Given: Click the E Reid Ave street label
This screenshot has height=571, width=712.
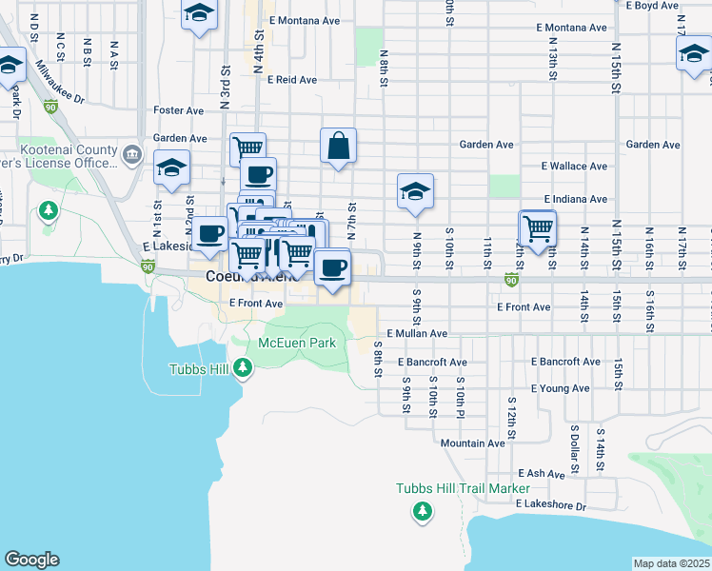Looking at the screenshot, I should point(292,80).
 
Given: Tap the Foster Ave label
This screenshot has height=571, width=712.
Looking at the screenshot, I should point(179,111).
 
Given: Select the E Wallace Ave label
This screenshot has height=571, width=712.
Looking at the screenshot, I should point(574,166).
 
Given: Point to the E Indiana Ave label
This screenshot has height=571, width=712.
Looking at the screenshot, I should point(576,199).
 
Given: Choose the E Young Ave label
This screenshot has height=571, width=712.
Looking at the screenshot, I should point(558,388).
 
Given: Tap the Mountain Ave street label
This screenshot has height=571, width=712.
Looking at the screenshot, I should point(472,443).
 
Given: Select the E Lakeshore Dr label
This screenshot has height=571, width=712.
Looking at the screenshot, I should point(552,504).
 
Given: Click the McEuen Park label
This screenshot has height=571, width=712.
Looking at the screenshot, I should point(297,343).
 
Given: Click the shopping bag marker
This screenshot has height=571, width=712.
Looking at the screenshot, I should point(338,147).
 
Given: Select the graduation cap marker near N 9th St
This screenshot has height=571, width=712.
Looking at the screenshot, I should point(416,191).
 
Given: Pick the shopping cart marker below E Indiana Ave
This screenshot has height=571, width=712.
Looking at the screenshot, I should point(539,228).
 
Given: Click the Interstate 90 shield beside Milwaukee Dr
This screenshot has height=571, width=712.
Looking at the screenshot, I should point(50,108).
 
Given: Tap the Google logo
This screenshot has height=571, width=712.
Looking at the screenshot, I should point(31,560).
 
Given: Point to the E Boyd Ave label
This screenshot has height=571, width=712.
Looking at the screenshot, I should point(652,6).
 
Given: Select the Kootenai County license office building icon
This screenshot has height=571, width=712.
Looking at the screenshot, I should point(131,155).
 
